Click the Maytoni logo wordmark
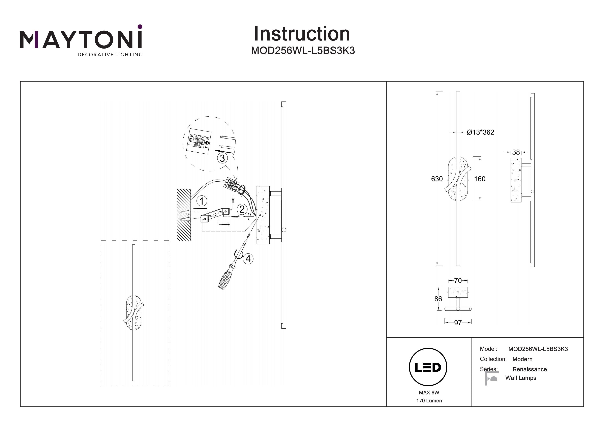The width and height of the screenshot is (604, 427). (81, 39)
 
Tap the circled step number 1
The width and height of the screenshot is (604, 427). (202, 201)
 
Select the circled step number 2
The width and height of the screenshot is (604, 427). (242, 209)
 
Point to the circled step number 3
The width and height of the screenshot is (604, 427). (222, 158)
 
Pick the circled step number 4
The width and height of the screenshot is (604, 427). (248, 259)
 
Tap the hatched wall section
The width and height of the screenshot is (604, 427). (184, 215)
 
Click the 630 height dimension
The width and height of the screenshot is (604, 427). (437, 179)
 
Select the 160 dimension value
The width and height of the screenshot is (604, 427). (480, 179)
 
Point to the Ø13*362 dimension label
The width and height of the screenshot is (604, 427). (480, 132)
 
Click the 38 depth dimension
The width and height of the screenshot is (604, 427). (516, 152)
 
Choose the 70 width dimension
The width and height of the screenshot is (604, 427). (458, 281)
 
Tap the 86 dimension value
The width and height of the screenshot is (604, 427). (438, 299)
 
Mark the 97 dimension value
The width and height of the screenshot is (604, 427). (458, 323)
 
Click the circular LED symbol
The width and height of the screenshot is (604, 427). (428, 367)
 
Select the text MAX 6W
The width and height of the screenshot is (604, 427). (429, 393)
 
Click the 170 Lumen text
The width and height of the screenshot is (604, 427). (429, 401)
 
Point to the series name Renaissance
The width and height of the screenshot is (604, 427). (529, 369)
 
